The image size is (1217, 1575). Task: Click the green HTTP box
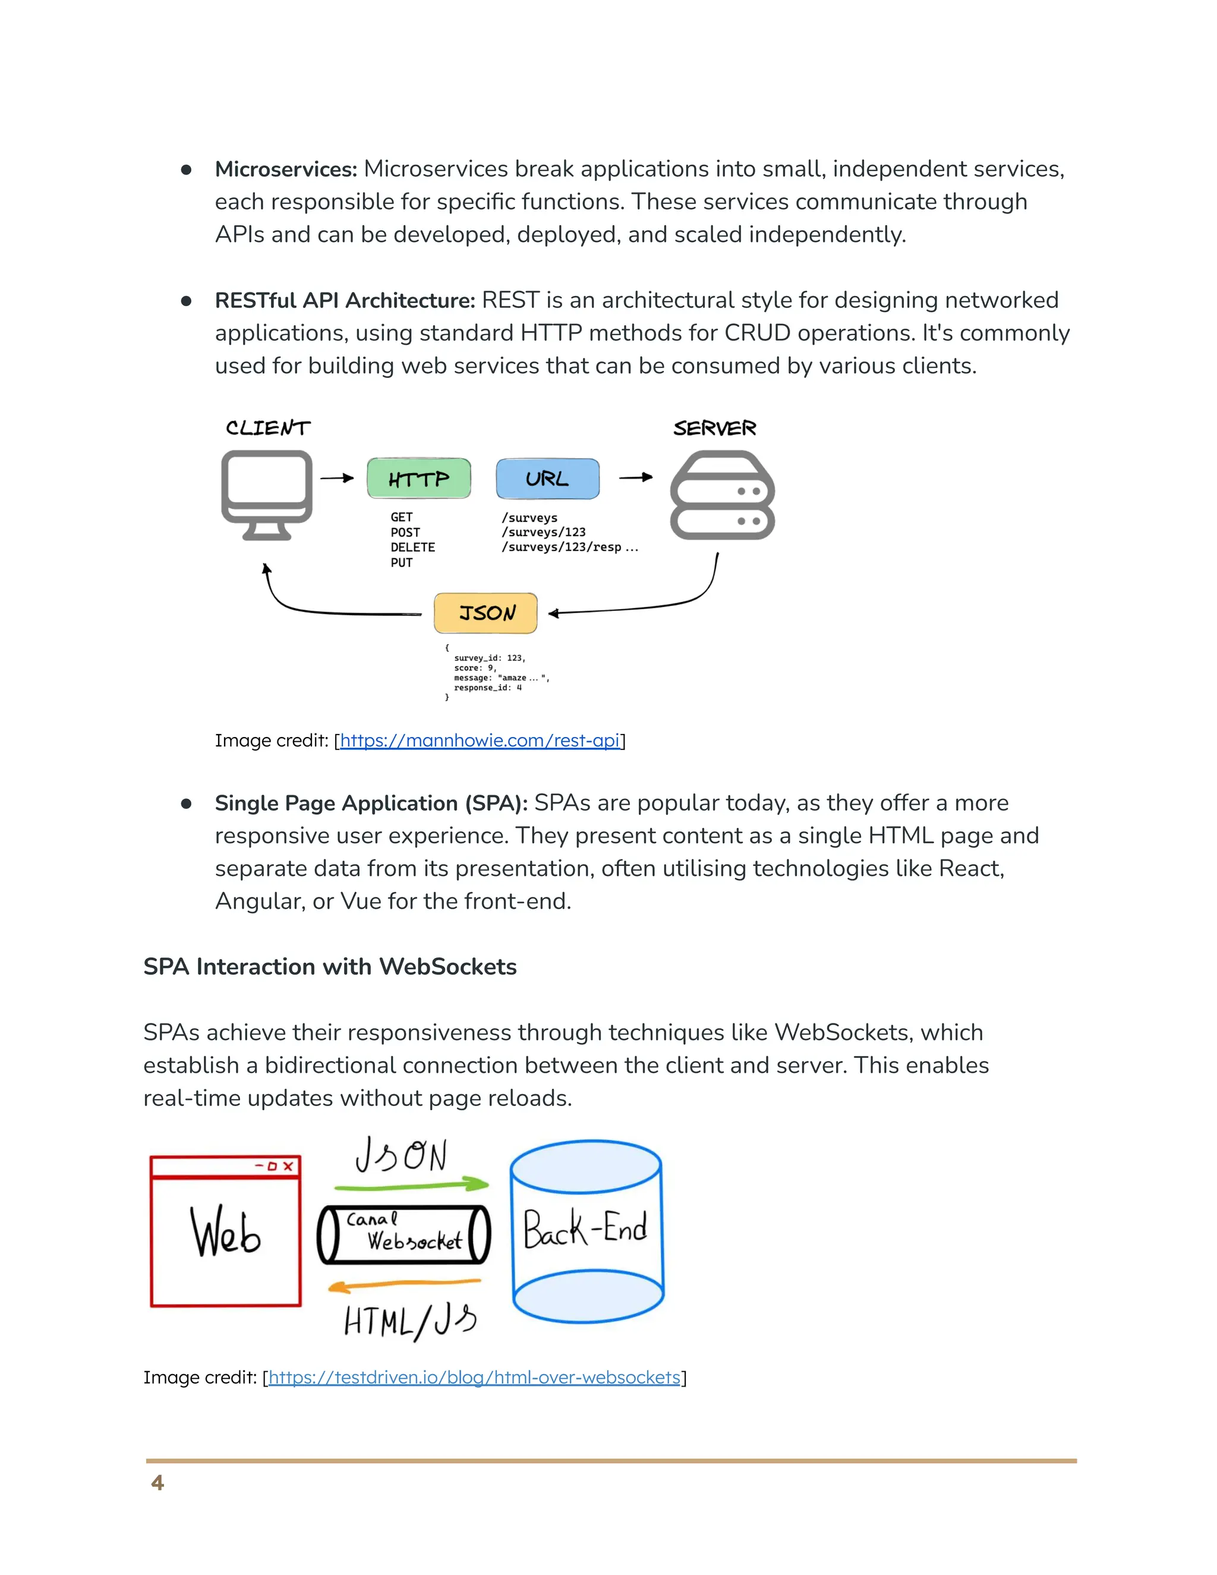coord(419,478)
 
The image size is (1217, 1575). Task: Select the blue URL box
coord(547,478)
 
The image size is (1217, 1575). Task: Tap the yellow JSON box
coord(486,613)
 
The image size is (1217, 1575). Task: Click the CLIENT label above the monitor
coord(267,428)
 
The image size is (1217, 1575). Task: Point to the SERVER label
coord(714,429)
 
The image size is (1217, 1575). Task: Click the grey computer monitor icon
coord(267,494)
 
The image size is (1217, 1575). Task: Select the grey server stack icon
coord(723,496)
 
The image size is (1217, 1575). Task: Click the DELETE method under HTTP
coord(412,547)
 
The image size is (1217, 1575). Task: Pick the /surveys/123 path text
coord(544,532)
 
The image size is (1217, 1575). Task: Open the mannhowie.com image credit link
coord(480,741)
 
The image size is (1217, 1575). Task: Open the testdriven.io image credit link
coord(474,1378)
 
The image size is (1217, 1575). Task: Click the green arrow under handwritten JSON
coord(411,1185)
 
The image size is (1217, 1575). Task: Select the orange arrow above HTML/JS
coord(403,1284)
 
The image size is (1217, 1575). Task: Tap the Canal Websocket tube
coord(403,1234)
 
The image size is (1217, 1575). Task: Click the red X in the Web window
coord(288,1166)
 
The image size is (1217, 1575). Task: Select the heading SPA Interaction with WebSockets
coord(329,966)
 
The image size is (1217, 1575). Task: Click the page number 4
coord(157,1483)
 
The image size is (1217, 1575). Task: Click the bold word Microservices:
coord(285,169)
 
